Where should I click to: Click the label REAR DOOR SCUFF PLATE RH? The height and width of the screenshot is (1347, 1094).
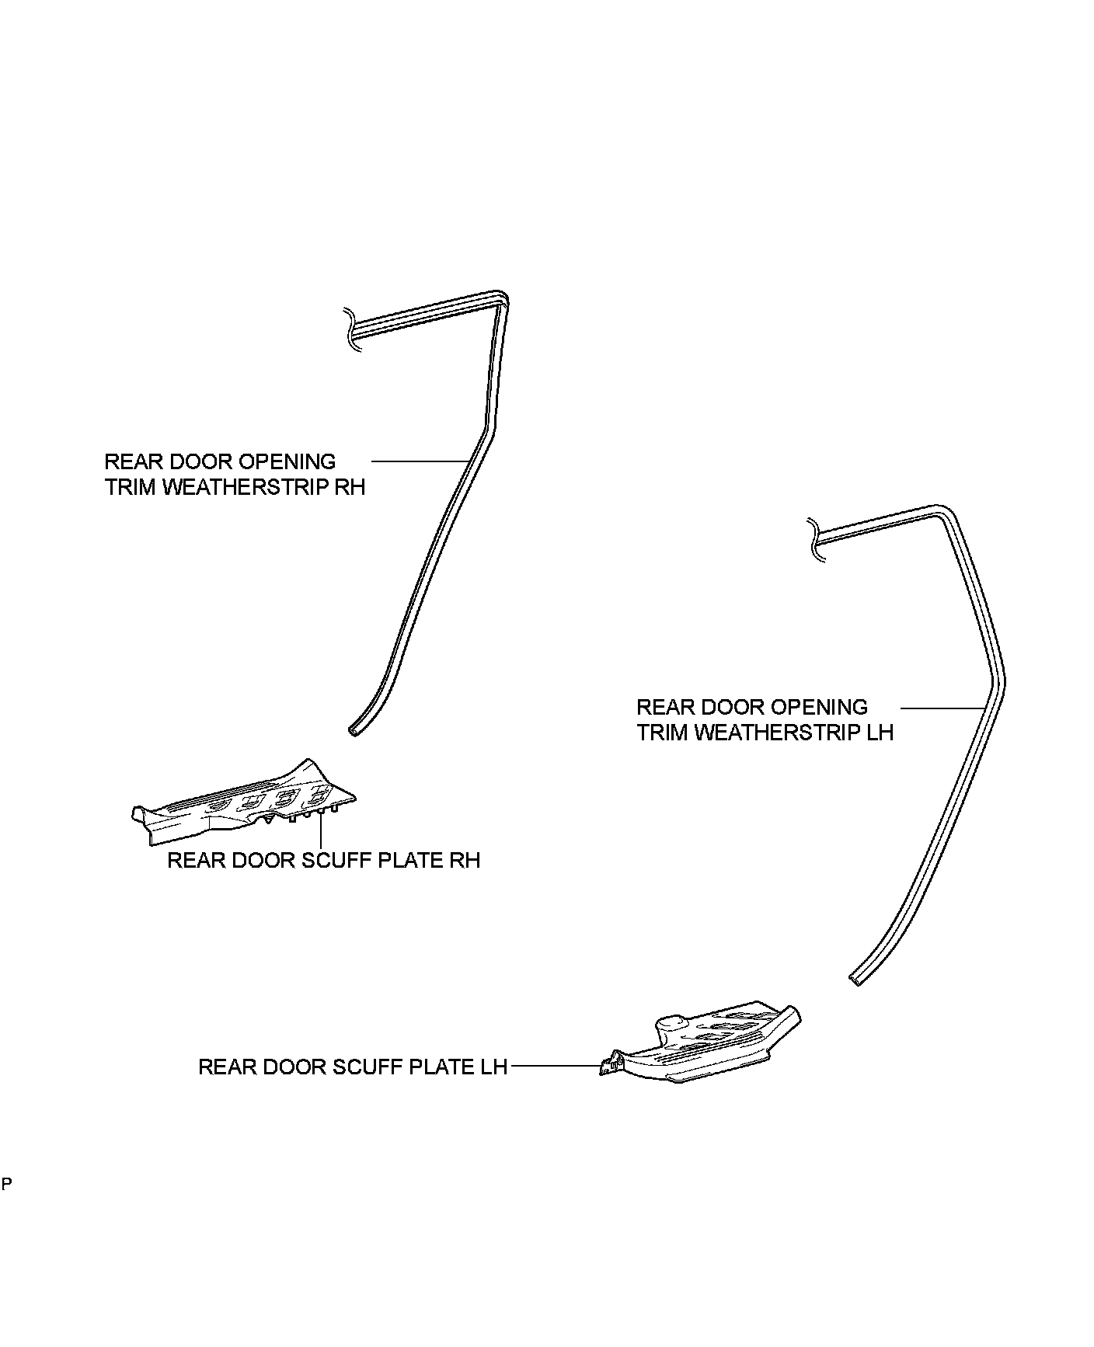pos(323,861)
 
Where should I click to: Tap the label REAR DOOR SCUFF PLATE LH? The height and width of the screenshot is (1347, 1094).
pos(353,1067)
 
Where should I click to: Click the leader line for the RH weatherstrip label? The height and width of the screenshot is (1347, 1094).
pos(420,461)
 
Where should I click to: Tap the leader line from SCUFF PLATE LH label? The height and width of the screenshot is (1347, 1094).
pos(556,1067)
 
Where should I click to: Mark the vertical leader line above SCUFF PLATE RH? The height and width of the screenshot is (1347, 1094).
pos(320,831)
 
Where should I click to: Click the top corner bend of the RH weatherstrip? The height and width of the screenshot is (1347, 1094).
pos(503,298)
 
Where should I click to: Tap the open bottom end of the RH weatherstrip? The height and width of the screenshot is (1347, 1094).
pos(354,730)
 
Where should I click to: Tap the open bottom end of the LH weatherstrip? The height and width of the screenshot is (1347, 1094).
pos(855,980)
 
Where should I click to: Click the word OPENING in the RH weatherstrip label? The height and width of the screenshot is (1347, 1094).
pos(287,462)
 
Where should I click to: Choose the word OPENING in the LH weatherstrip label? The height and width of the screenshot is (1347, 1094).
pos(818,707)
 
